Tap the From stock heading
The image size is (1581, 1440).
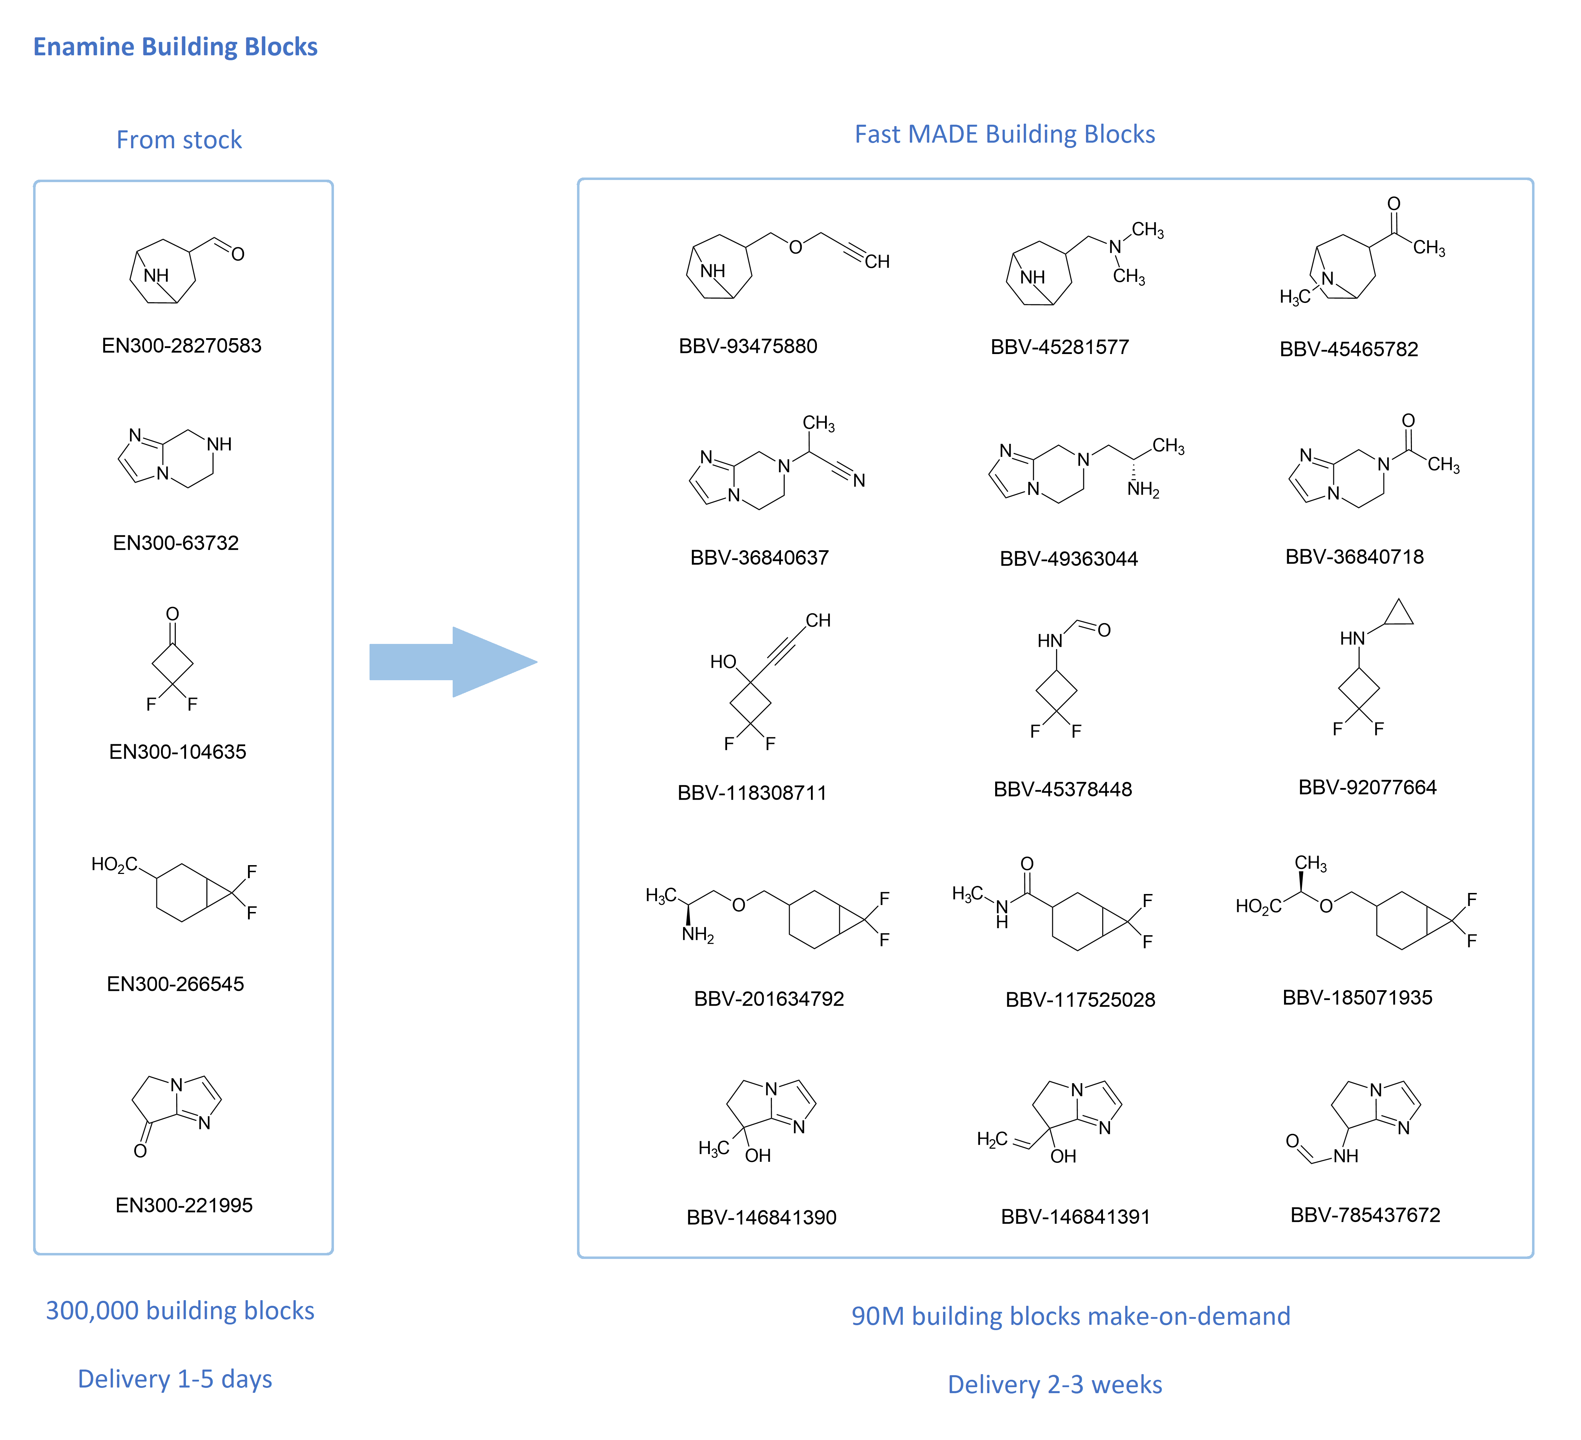tap(179, 139)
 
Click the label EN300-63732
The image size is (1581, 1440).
tap(176, 543)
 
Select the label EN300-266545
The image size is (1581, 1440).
tap(175, 983)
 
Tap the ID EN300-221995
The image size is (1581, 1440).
tap(184, 1205)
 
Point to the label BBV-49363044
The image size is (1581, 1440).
tap(1068, 558)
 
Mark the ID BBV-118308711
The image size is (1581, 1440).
tap(751, 793)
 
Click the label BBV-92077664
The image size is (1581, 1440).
tap(1367, 787)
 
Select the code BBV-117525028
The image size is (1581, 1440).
tap(1080, 999)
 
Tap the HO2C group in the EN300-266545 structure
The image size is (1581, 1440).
tap(114, 864)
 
